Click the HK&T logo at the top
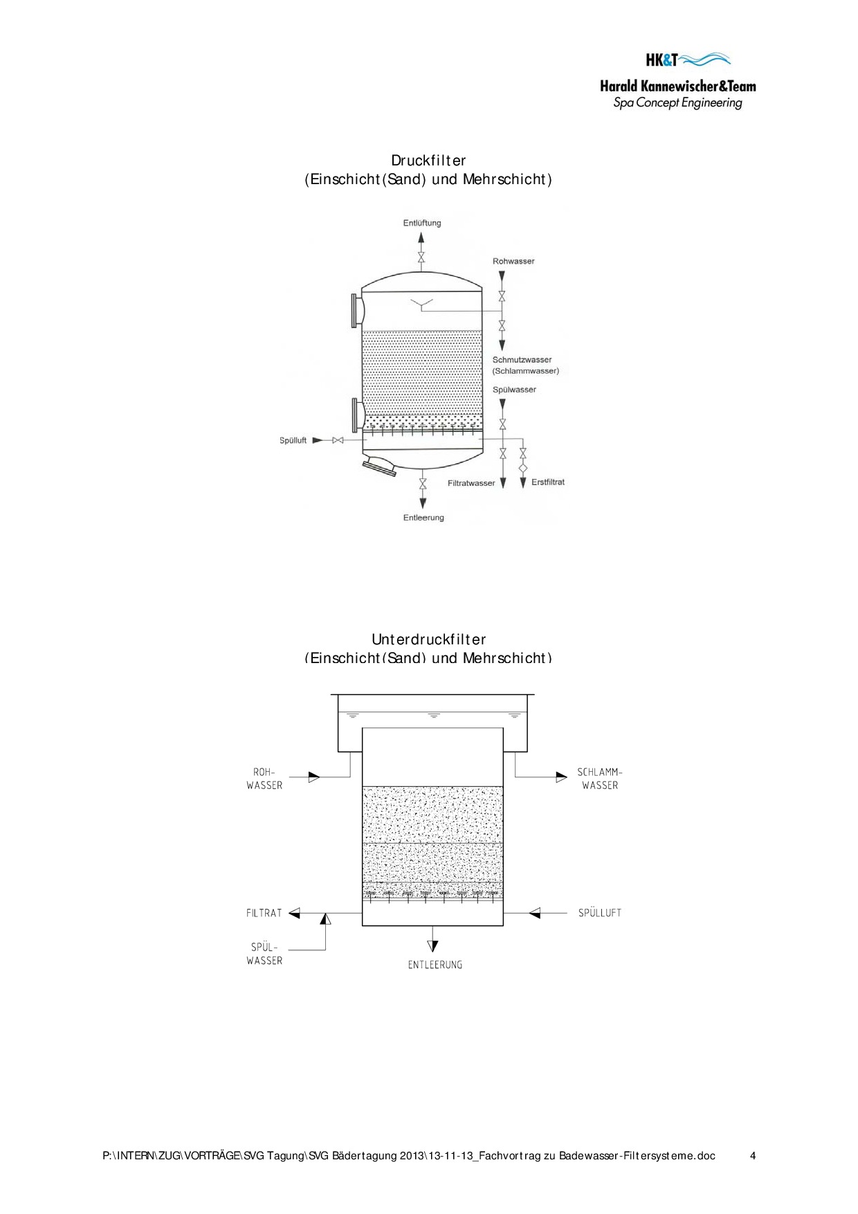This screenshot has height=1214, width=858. tap(688, 60)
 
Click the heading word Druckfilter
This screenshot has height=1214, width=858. tap(428, 161)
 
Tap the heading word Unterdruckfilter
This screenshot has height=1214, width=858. tap(428, 639)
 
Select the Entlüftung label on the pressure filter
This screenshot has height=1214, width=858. tap(422, 223)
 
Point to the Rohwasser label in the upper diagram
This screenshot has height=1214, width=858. tap(513, 261)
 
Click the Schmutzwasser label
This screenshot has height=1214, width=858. tap(522, 360)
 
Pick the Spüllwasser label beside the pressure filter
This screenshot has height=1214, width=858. tap(514, 390)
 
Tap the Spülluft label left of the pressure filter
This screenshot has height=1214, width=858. tap(293, 440)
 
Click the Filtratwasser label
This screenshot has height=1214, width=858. tap(471, 483)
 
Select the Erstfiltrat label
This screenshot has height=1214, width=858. tap(548, 482)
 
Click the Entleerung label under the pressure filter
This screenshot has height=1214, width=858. tap(423, 517)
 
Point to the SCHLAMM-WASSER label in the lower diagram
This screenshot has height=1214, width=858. tap(600, 779)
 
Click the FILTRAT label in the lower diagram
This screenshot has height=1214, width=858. tap(264, 913)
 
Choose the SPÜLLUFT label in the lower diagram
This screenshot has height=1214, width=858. tap(600, 913)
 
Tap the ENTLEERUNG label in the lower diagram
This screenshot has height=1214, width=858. tap(435, 964)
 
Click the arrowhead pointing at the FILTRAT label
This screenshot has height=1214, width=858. tap(294, 914)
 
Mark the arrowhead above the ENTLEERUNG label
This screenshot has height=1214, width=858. tap(433, 946)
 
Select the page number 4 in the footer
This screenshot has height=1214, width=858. tap(753, 1155)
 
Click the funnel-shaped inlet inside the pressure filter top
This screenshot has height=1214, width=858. tap(421, 303)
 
